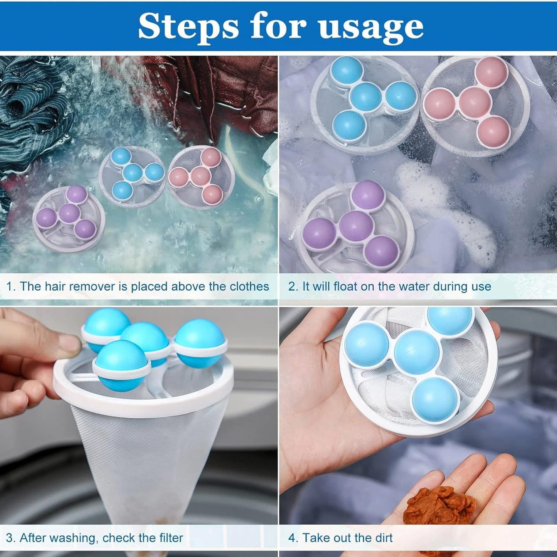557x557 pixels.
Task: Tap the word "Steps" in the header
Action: [188, 27]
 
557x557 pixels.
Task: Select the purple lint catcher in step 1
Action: [69, 218]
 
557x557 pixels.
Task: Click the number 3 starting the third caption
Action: [10, 537]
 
